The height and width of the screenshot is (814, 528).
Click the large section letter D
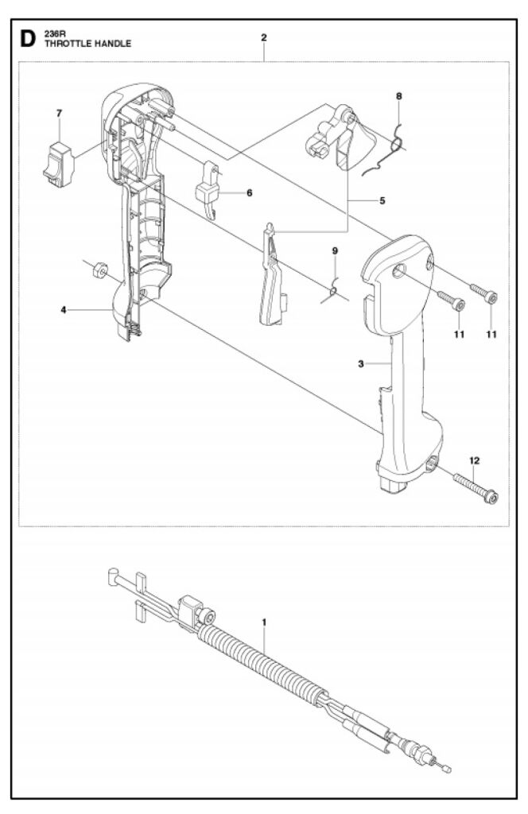coord(28,39)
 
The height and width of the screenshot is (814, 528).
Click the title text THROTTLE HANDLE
coord(87,44)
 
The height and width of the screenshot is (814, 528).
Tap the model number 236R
coord(55,34)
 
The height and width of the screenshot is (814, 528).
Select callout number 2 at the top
coord(264,37)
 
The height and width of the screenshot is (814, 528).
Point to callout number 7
coord(59,113)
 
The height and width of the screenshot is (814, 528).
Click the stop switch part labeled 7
coord(58,165)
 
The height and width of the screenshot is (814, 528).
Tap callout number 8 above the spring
coord(398,96)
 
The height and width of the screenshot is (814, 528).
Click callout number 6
coord(250,193)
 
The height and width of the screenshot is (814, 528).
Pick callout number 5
coord(382,200)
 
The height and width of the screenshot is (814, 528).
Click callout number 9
coord(335,251)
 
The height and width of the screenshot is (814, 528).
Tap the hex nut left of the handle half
coord(98,270)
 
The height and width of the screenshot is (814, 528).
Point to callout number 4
coord(64,311)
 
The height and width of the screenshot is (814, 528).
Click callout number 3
coord(361,364)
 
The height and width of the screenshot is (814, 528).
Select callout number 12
coord(475,460)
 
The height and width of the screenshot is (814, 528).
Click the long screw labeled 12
coord(476,487)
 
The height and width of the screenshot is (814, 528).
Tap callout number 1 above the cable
coord(264,622)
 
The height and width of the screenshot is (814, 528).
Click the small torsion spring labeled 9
coord(334,293)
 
